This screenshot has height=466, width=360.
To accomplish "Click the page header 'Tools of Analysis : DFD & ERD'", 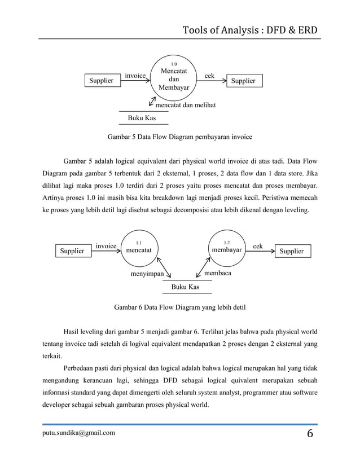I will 251,29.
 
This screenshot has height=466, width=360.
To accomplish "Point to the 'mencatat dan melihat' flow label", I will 185,105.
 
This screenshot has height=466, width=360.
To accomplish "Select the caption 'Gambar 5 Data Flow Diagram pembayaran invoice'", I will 179,137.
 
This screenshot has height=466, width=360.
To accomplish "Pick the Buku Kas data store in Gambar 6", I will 186,287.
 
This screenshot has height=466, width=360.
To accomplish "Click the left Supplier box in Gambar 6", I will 73,251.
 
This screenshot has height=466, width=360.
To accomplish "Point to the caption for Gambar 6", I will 179,307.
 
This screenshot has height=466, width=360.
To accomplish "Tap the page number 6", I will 310,434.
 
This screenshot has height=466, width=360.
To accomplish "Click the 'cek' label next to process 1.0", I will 209,76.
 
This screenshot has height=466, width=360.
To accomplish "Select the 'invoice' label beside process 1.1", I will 106,245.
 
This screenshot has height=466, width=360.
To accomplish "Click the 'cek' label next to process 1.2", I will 258,245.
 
